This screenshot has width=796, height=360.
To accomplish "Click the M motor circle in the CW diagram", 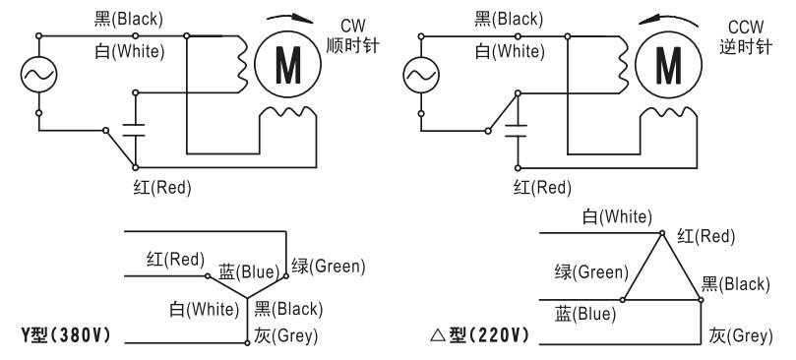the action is (288, 65).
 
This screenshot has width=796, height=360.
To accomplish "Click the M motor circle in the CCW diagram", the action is (668, 65).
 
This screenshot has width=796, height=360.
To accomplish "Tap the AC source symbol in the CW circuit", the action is (38, 75).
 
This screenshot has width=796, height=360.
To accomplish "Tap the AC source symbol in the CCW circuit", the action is (421, 75).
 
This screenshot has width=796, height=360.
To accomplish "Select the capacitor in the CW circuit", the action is (135, 130).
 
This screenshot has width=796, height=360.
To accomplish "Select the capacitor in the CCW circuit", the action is (517, 130).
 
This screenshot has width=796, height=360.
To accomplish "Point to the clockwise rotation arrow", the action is (291, 19).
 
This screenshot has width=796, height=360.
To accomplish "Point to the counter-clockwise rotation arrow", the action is (668, 20).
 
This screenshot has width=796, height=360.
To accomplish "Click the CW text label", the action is (352, 26).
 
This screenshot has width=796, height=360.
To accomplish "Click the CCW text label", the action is (745, 27).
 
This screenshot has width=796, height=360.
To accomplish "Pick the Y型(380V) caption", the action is (66, 335).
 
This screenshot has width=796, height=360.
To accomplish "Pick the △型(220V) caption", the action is (480, 335).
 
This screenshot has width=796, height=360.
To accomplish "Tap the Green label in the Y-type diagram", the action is (329, 266).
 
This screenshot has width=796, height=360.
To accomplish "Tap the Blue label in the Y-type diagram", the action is (249, 272).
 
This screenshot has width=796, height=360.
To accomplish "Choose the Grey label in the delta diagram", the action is (741, 335).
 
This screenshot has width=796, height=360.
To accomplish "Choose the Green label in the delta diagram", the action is (591, 272).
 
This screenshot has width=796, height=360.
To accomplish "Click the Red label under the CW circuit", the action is (162, 188).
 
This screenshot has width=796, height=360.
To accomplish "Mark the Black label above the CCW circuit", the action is (509, 20).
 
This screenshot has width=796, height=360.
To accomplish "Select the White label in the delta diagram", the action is (617, 217).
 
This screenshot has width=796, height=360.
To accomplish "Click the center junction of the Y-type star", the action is (247, 298).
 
